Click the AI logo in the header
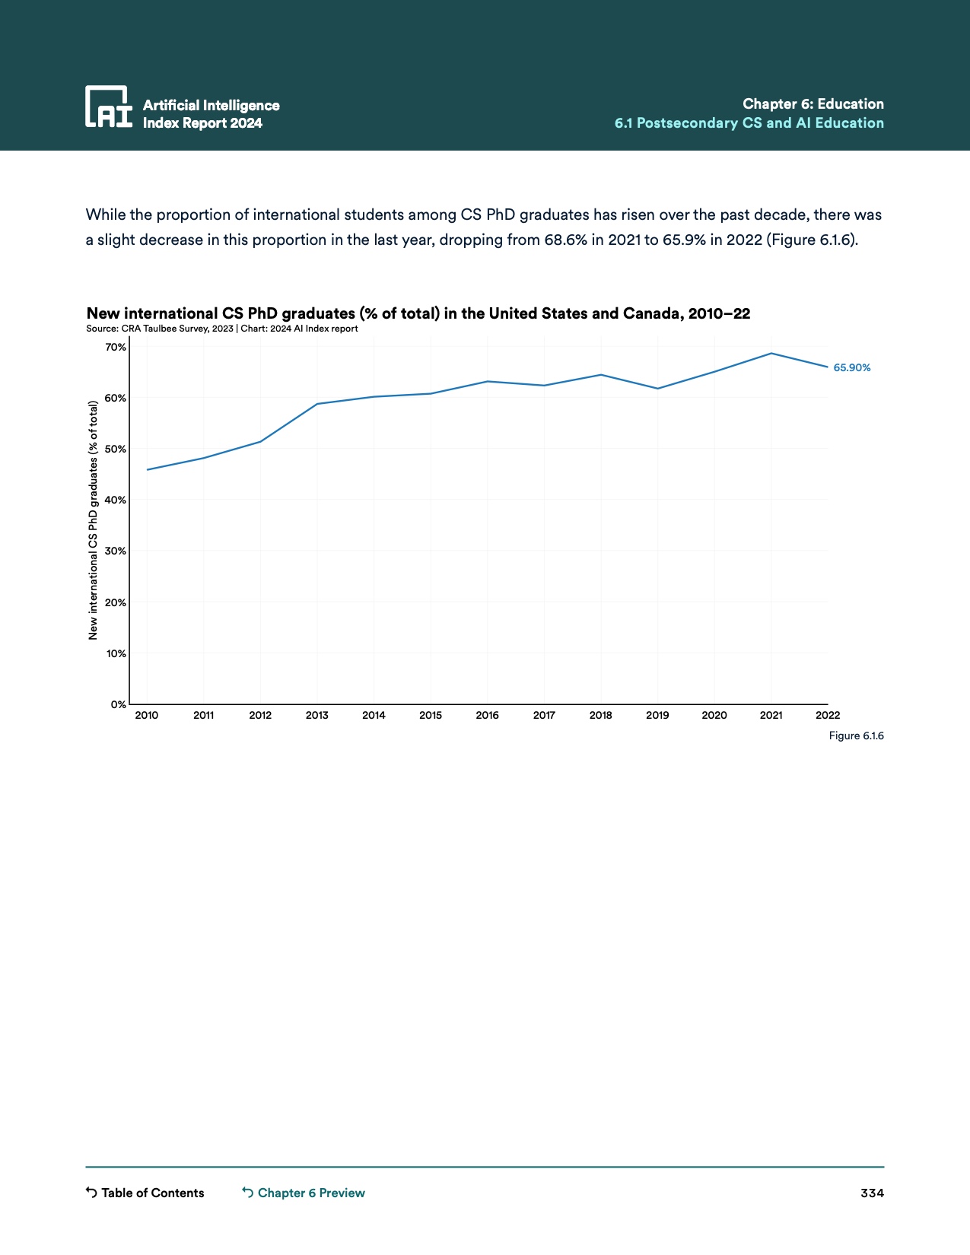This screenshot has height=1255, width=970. pos(108,106)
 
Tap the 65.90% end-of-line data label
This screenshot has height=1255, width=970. pos(851,368)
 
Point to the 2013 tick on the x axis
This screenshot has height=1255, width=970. pos(316,715)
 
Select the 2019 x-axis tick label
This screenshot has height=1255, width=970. pos(657,715)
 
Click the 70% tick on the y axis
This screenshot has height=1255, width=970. pos(116,348)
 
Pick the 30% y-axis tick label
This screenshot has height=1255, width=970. pos(116,551)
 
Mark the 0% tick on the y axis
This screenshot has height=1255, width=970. pos(118,704)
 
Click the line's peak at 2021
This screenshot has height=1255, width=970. pos(771,354)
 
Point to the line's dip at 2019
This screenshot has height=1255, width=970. pos(657,389)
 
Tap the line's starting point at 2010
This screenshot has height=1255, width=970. pos(147,469)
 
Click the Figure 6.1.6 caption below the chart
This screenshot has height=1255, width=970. pos(856,736)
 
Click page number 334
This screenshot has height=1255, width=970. pos(872,1193)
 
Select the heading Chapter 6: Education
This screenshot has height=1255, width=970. pos(813,104)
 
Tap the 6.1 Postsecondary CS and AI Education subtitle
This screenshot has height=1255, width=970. pos(749,123)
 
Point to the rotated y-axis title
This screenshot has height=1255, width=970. pos(94,519)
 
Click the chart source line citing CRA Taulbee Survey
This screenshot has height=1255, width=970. pos(221,329)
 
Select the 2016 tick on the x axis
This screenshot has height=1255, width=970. pos(487,715)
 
